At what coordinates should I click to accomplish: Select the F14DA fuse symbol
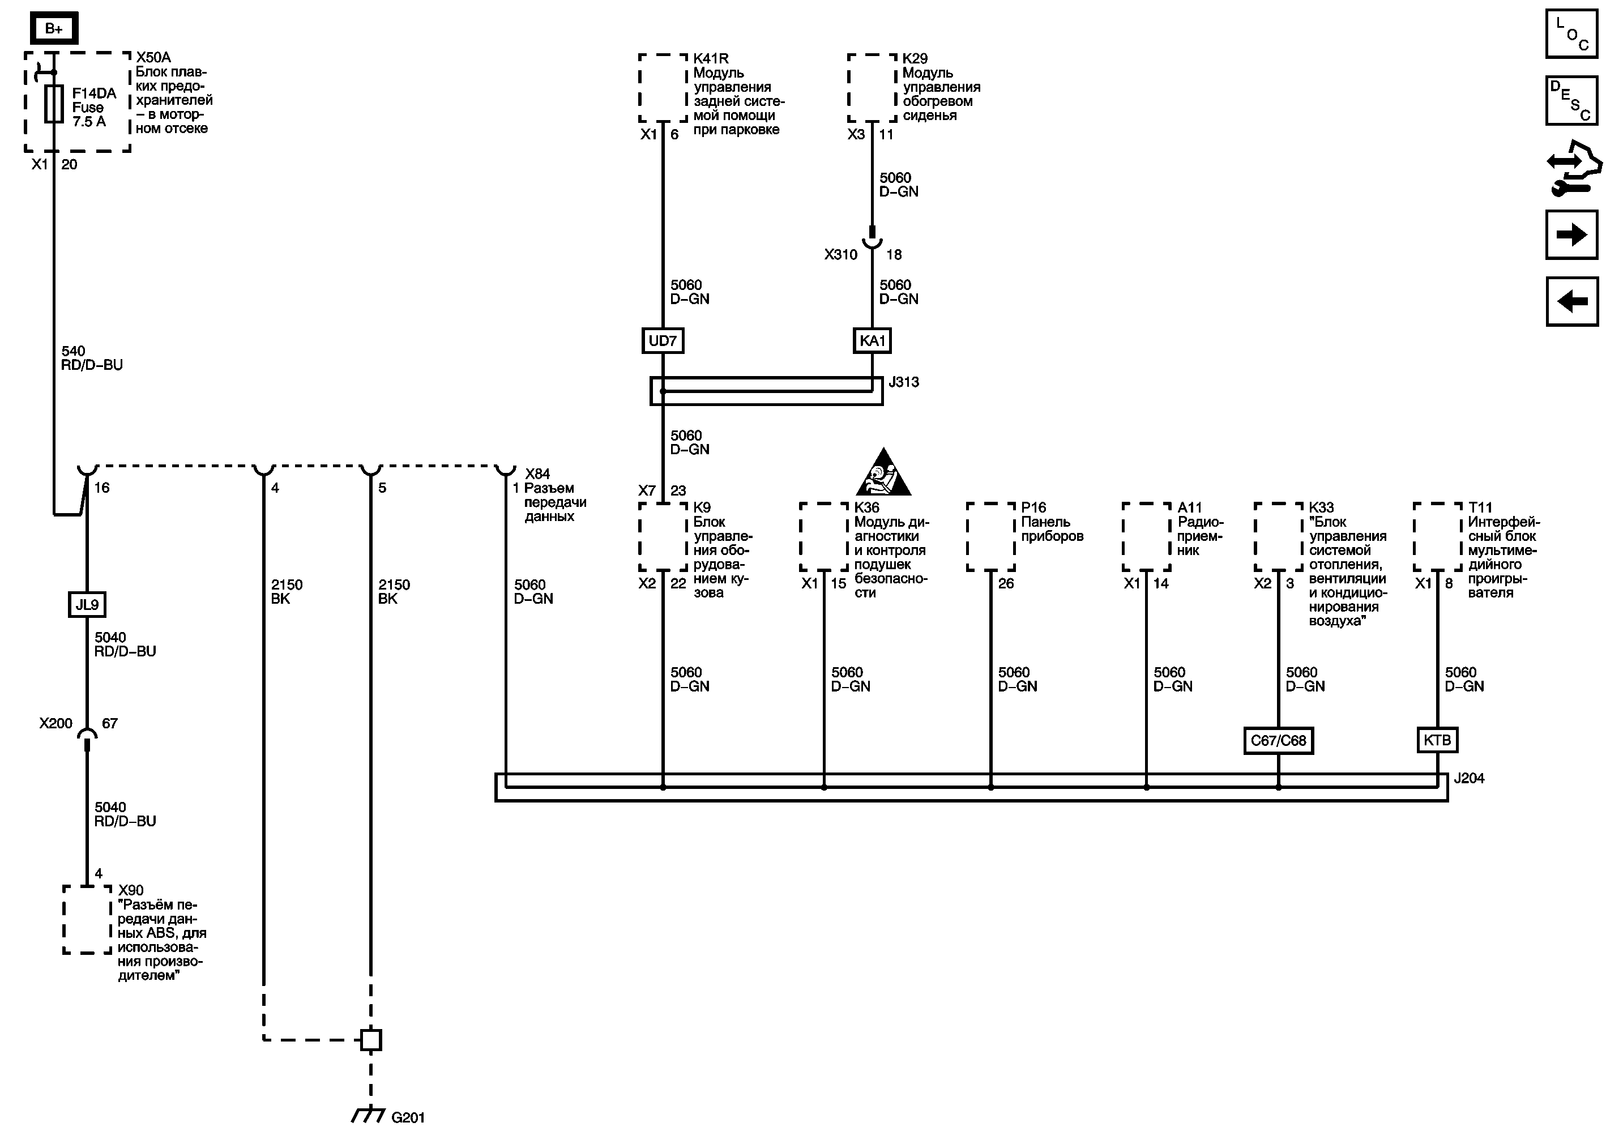point(53,105)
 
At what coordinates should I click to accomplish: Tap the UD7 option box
point(663,340)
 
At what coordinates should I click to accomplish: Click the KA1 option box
point(872,340)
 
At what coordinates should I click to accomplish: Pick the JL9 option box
point(87,604)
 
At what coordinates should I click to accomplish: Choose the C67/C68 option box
point(1278,741)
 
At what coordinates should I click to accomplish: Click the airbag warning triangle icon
point(883,473)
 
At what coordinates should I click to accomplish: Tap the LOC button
point(1571,33)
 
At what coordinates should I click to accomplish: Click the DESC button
point(1571,100)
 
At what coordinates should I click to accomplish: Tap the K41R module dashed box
point(663,89)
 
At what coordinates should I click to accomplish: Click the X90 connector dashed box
point(87,920)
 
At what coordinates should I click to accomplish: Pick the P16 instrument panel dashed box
point(990,536)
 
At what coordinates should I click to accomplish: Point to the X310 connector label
point(840,255)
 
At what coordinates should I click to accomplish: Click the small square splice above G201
point(371,1040)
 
